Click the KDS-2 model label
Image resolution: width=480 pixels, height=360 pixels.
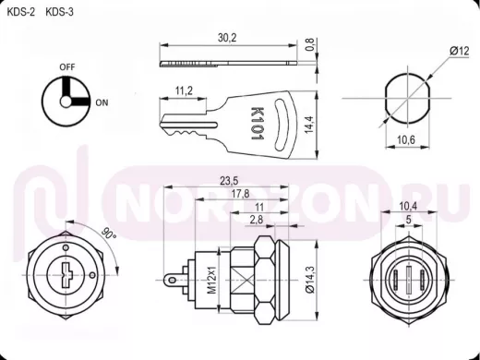coord(21,12)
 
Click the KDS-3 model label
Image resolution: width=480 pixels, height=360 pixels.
coord(59,12)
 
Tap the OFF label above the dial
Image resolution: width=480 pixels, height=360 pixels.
coord(67,66)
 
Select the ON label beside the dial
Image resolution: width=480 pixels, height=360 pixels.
coord(102,102)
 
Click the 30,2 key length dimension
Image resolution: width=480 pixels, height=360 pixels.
coord(227,38)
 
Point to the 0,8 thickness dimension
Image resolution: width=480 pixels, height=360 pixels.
coord(310,44)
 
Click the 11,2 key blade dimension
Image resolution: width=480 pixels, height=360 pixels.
coord(184,90)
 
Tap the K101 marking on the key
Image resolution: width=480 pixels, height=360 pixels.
coord(258,124)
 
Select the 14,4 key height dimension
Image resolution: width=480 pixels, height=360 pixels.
coord(309,125)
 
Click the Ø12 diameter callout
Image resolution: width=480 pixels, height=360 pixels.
coord(460,51)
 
